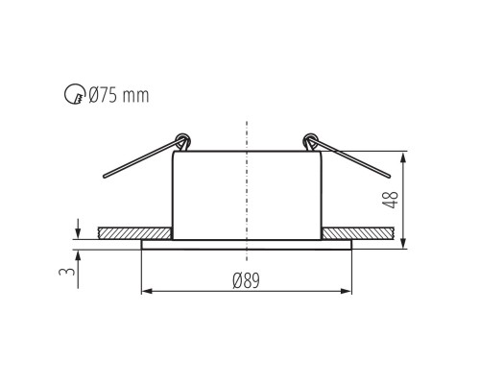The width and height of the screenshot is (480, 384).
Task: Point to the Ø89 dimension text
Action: click(248, 279)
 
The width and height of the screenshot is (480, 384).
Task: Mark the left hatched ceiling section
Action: click(134, 233)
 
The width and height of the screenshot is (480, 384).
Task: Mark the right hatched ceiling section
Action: click(357, 233)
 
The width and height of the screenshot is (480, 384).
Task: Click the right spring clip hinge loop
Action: click(310, 140)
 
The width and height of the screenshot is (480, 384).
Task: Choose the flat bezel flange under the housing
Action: click(248, 243)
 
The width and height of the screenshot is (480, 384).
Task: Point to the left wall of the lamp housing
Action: click(173, 192)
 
